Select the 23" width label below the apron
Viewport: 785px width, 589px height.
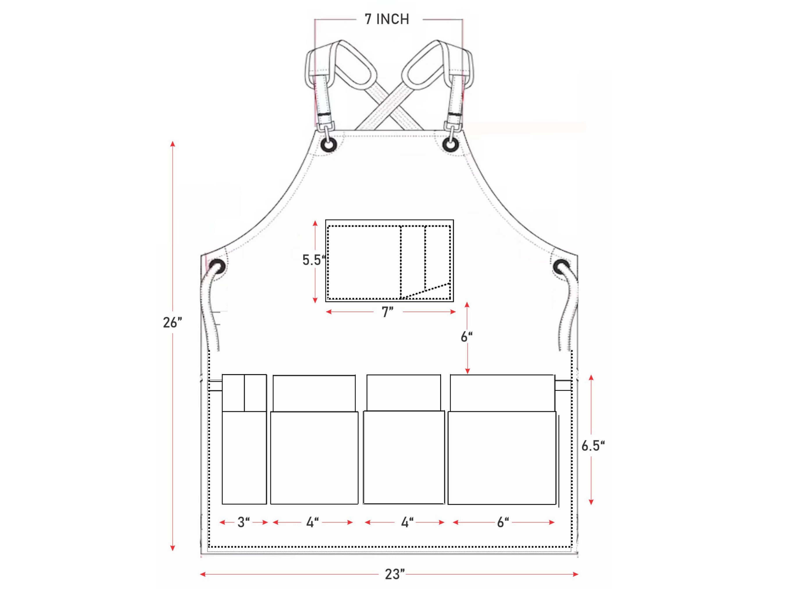(395, 574)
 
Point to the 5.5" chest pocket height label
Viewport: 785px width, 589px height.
(314, 260)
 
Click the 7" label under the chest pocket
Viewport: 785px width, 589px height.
(388, 312)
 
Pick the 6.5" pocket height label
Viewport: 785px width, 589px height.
(593, 446)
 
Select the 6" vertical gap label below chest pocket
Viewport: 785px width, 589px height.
(466, 337)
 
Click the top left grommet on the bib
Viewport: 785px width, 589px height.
(329, 145)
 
